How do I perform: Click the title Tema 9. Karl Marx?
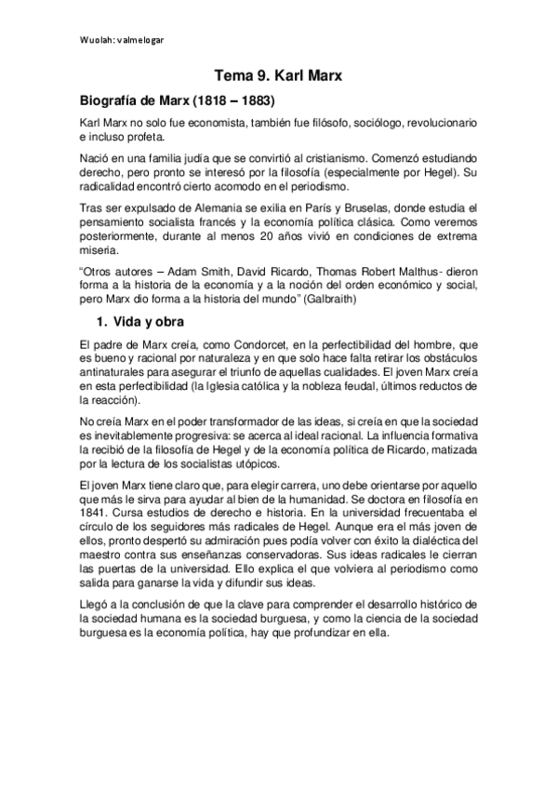[278, 77]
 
